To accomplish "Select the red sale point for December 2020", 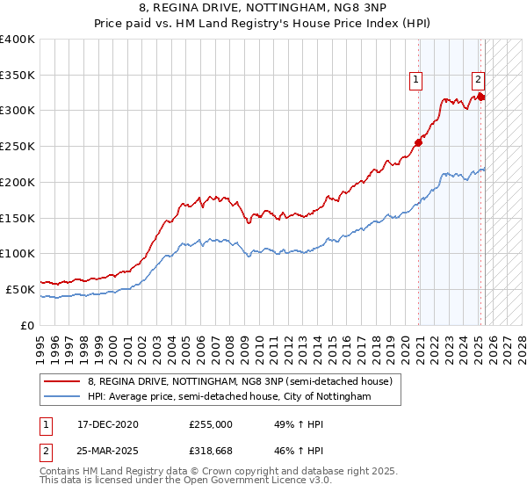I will [x=419, y=142].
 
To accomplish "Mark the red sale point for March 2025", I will [x=480, y=97].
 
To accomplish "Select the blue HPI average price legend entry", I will [x=229, y=397].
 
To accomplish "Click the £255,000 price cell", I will [x=211, y=424].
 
